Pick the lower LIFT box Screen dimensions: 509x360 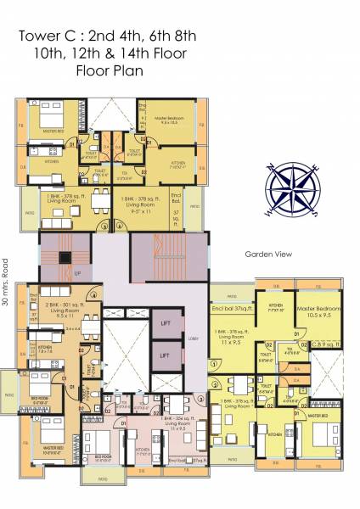pyautogui.click(x=166, y=355)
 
